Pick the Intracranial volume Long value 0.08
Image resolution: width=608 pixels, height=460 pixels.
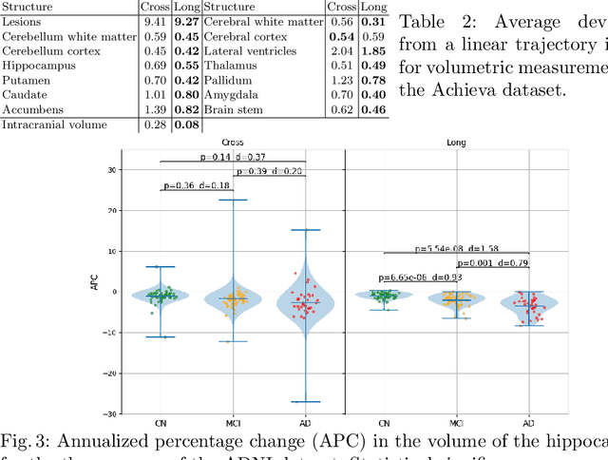[x=187, y=125]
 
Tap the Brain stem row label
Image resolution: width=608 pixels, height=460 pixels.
[x=231, y=110]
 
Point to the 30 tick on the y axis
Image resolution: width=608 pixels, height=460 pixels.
[x=109, y=170]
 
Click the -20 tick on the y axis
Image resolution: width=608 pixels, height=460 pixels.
[x=107, y=374]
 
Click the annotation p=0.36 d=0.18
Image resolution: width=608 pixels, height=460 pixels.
[x=196, y=185]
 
